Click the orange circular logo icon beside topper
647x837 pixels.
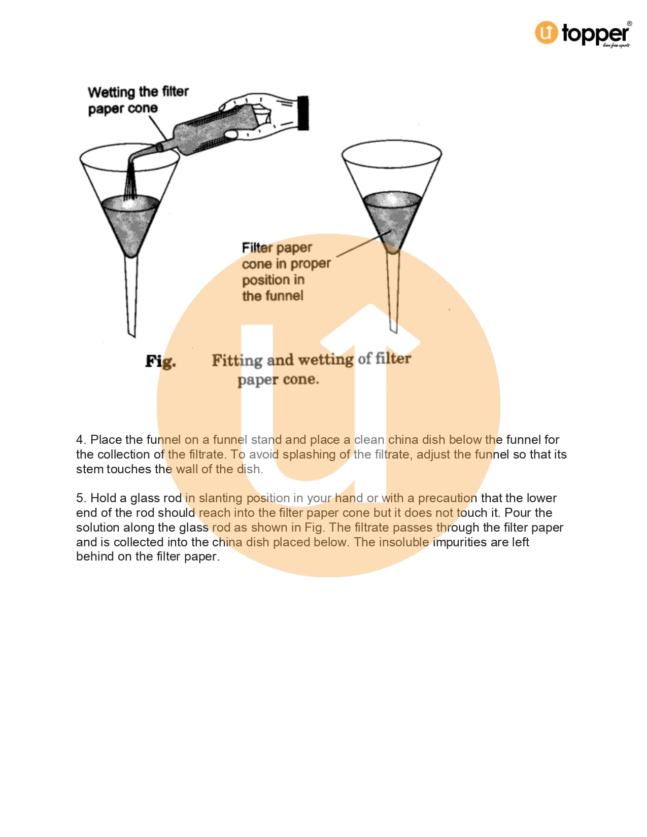[x=546, y=32]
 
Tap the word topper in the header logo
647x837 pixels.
[x=595, y=34]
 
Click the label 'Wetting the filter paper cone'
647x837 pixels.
[x=138, y=100]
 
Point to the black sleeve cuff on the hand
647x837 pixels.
[x=303, y=113]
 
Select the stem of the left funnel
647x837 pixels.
[x=131, y=296]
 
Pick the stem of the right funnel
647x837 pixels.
[x=393, y=291]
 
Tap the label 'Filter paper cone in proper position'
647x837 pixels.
[x=286, y=271]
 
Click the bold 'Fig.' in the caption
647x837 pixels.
[x=160, y=361]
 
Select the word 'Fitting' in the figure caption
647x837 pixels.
[x=237, y=361]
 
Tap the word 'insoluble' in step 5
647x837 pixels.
[x=403, y=542]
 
